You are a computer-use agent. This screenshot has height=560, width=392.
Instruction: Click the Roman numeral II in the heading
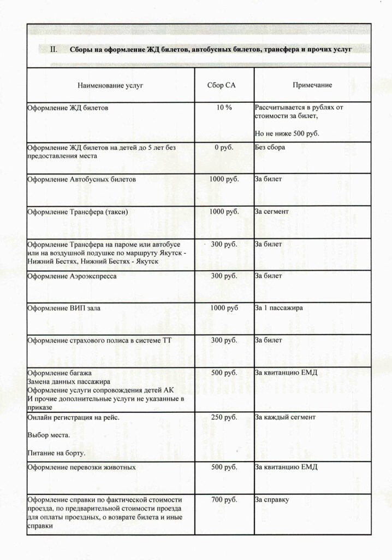point(54,49)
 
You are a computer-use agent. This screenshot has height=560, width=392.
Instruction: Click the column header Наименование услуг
point(110,85)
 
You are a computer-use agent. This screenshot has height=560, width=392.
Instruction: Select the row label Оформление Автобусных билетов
point(82,179)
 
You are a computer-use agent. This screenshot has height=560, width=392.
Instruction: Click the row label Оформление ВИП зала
point(64,308)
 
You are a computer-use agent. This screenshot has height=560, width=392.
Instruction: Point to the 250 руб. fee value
point(224,417)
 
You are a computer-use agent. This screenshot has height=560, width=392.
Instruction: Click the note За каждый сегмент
point(284,417)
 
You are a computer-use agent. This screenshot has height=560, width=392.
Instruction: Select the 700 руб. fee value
point(224,500)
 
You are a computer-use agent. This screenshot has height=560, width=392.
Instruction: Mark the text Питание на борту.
point(56,453)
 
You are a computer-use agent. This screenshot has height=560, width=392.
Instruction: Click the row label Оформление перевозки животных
point(82,468)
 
